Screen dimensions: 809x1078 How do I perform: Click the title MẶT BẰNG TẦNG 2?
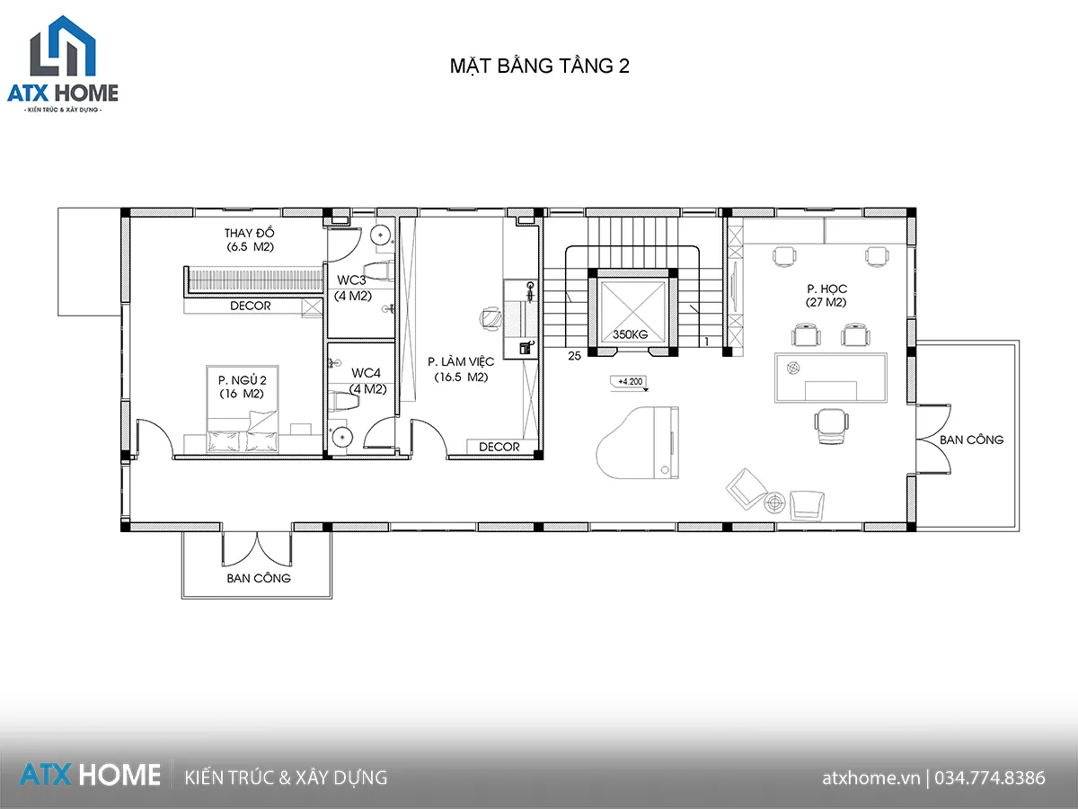tap(539, 67)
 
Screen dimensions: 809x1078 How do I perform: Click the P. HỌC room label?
tap(826, 296)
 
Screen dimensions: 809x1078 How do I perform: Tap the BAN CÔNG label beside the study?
tap(971, 440)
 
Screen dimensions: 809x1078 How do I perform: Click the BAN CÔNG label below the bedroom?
tap(258, 578)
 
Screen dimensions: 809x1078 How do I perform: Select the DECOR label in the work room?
tap(499, 447)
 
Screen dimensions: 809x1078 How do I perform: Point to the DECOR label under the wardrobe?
tap(250, 306)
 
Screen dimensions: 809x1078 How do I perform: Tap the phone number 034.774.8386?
tap(989, 778)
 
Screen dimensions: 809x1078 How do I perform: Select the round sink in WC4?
tap(343, 437)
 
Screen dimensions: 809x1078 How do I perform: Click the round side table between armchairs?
tap(774, 501)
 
